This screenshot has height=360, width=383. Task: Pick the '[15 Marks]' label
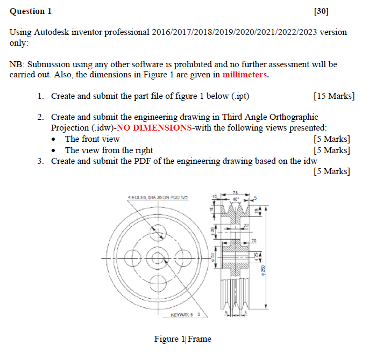pos(333,96)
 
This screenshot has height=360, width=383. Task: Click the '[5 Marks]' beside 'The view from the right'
pos(331,150)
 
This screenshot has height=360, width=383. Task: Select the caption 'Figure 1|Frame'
pos(182,339)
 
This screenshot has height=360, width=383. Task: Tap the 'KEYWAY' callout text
pos(185,315)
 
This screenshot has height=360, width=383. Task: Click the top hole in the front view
pos(158,234)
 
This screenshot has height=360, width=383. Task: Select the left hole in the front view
pos(134,257)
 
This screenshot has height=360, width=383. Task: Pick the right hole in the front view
pos(181,257)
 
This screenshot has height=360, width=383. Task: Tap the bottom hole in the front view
pos(158,281)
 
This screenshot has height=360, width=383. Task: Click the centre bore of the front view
pos(158,257)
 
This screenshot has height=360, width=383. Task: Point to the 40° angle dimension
pos(235,198)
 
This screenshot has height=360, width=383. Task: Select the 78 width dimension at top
pos(235,192)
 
